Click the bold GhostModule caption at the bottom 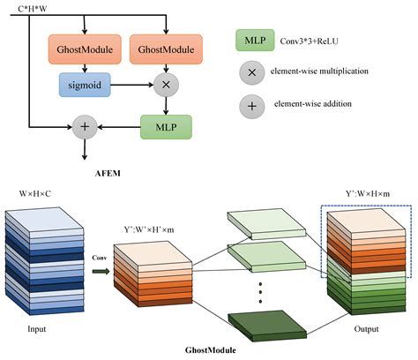pyautogui.click(x=209, y=349)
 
